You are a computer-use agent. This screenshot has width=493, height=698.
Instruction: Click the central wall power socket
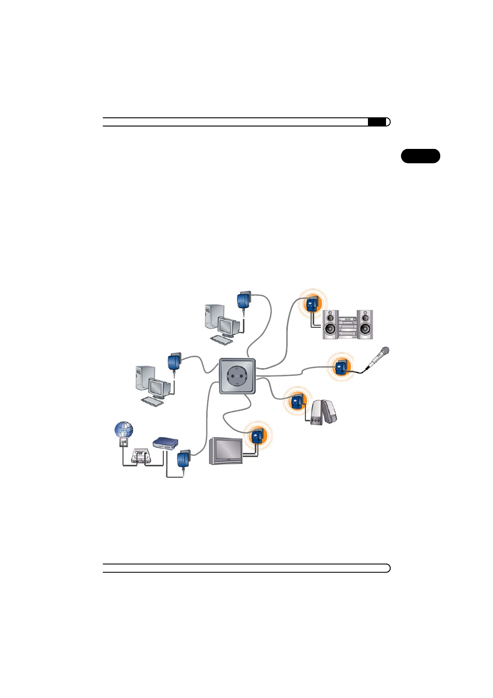(x=237, y=376)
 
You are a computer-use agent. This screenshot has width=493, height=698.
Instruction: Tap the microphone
(x=377, y=358)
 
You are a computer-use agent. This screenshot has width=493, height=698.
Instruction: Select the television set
(x=226, y=451)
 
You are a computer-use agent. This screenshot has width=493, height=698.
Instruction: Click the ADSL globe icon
(x=124, y=430)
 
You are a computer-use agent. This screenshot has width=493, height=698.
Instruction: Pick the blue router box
(x=165, y=443)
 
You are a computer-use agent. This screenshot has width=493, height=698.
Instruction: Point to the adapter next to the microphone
(x=342, y=368)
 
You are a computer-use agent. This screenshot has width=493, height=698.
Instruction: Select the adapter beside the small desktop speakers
(x=297, y=401)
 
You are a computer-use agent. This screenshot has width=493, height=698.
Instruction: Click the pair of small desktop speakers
(x=324, y=412)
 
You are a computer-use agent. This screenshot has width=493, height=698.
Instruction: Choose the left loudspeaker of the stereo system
(x=330, y=325)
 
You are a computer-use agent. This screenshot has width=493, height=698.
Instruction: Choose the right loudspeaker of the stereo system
(x=365, y=325)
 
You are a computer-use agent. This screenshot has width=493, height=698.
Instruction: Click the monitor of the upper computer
(x=229, y=327)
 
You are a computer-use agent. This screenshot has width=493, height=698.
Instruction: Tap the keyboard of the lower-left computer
(x=152, y=402)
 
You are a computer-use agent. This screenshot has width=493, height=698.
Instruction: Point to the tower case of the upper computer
(x=214, y=316)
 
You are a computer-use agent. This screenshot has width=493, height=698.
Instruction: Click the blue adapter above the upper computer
(x=244, y=300)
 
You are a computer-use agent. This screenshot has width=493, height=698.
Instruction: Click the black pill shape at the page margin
(x=421, y=156)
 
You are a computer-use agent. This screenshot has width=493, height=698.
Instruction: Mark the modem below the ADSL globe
(x=142, y=456)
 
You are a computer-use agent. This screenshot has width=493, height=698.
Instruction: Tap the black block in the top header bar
(x=377, y=122)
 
